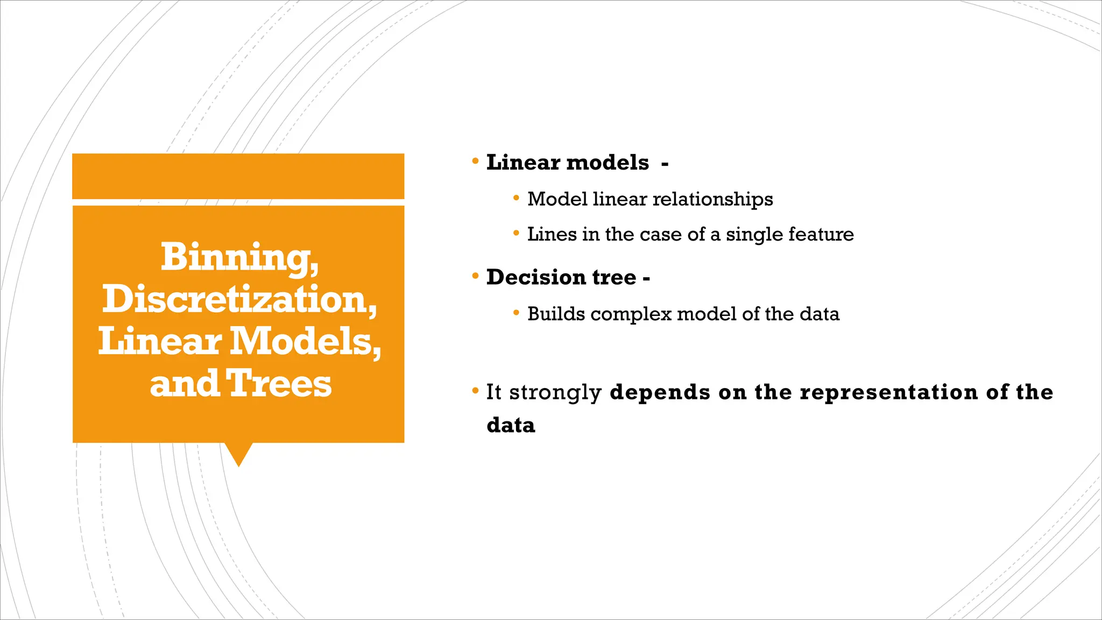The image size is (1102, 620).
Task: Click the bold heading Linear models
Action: point(568,163)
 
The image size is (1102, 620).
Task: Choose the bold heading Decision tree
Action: point(561,277)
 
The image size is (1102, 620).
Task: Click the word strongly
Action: point(555,392)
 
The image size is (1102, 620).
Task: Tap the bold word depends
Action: point(660,392)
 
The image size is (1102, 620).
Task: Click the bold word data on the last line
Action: point(511,425)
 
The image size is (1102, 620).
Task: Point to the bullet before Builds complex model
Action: point(516,313)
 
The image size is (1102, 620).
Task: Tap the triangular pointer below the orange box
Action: point(238,454)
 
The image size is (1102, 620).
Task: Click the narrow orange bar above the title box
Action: point(238,176)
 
